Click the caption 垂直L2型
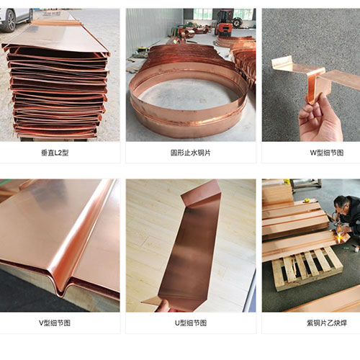[x=55, y=153]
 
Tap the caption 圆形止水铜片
[x=191, y=153]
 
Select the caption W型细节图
[x=327, y=153]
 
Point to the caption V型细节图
[x=55, y=323]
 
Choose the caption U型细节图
[x=191, y=323]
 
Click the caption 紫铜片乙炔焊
[x=327, y=323]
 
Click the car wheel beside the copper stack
[x=11, y=21]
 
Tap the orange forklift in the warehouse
[x=225, y=22]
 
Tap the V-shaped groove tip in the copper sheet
[x=62, y=293]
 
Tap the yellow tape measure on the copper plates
[x=307, y=200]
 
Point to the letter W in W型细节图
[x=313, y=153]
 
